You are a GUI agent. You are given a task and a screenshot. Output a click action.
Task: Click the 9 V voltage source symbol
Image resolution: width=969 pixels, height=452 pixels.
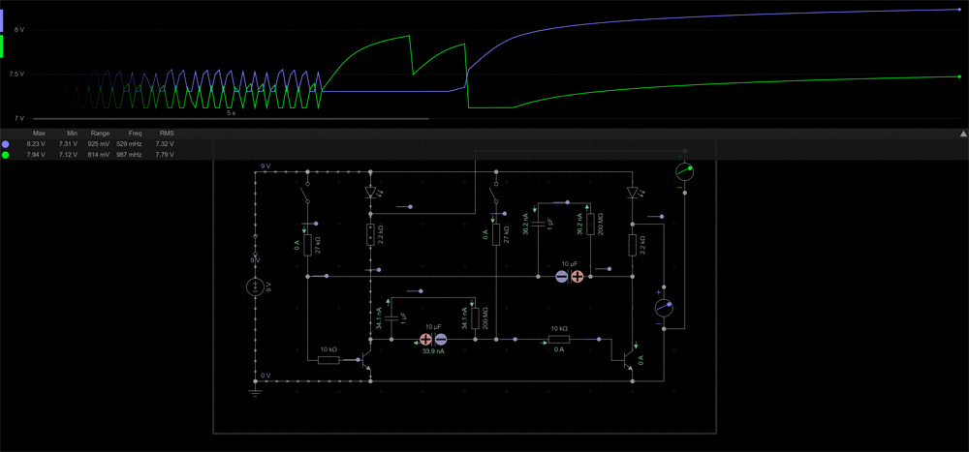pos(256,286)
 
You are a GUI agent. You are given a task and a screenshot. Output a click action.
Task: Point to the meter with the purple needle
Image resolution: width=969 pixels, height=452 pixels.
pos(664,308)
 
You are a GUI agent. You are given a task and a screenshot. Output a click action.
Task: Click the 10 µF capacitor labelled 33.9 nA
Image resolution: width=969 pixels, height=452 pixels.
pos(433,340)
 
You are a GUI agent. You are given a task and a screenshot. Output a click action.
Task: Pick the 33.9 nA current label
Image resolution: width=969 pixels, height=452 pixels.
pos(433,351)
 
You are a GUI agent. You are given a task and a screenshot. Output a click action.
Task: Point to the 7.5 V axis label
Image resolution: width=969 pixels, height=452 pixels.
pos(16,74)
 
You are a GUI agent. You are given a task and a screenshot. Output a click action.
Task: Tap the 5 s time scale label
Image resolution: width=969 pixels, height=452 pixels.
pos(231,113)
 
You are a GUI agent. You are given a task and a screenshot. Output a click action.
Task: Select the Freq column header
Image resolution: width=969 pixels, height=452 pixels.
pos(135,133)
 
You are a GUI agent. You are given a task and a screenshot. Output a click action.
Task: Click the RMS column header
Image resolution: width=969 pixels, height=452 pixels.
pos(166,133)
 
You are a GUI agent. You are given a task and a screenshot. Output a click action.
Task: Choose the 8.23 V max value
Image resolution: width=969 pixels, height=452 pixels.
pos(37,143)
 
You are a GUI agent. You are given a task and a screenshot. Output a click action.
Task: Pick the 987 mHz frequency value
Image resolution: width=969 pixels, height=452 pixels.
pos(131,154)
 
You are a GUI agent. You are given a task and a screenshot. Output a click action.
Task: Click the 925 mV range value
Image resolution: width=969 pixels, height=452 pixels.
pos(100,143)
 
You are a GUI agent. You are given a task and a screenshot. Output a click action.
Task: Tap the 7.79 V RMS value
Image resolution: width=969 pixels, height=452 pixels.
pos(165,154)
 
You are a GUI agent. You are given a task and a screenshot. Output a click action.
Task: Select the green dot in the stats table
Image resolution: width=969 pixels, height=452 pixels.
pos(6,154)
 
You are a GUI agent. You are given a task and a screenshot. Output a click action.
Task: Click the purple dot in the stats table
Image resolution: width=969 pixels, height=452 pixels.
pos(6,143)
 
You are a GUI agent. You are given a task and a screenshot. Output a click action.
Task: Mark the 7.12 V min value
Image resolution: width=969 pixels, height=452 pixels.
pos(68,154)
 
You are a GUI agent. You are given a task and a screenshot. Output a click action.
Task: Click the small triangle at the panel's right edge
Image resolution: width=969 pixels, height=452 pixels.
pos(963,134)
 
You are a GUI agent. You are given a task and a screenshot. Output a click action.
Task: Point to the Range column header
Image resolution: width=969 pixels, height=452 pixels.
pos(100,133)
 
